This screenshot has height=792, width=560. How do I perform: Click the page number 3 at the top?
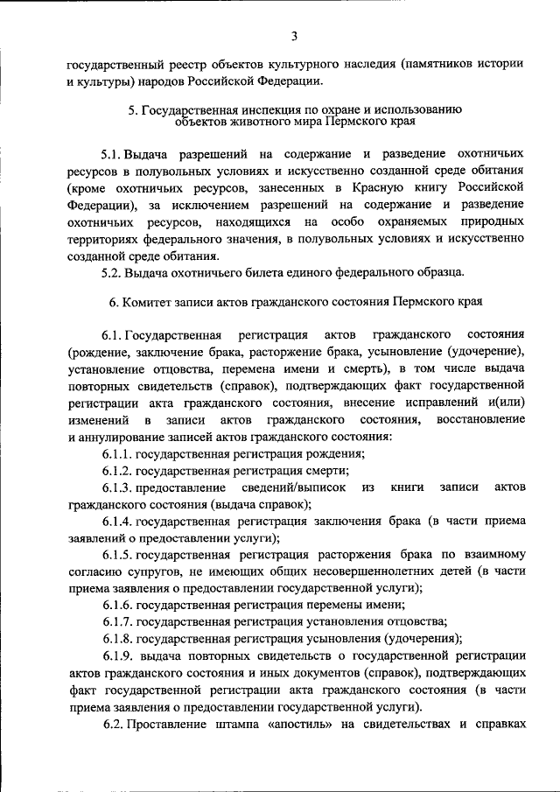(x=295, y=36)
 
